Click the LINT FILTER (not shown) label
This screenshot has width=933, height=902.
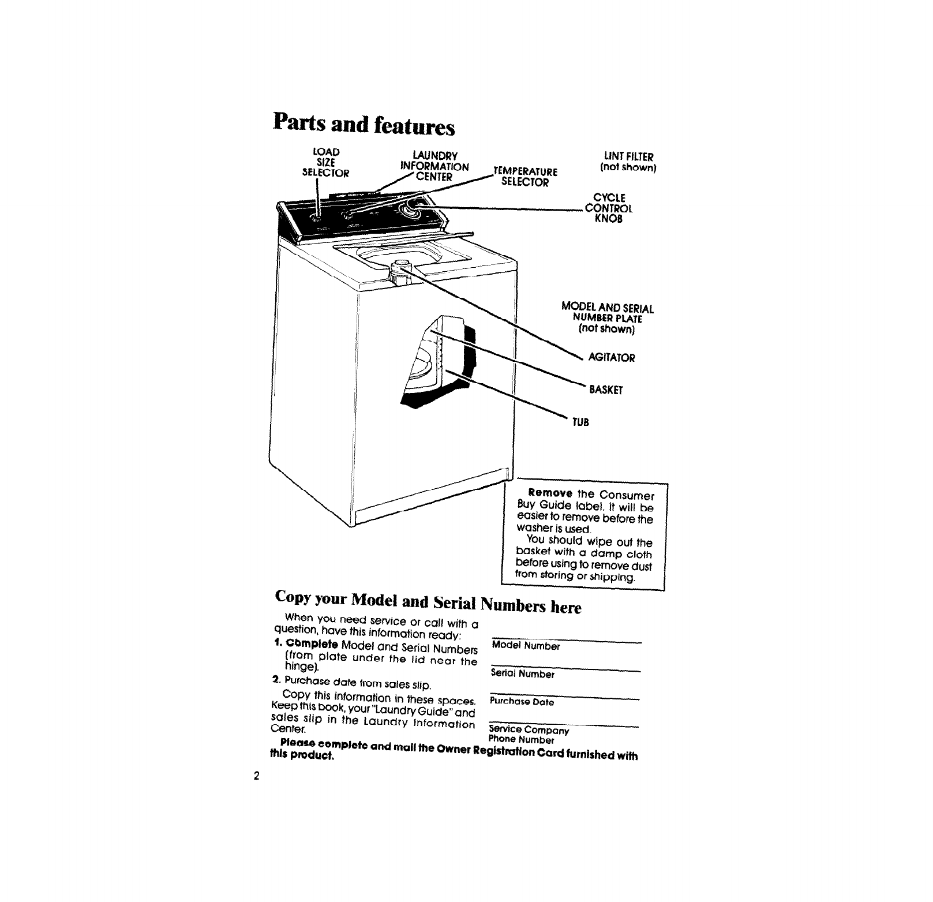pos(627,162)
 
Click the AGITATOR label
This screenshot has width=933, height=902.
pos(611,358)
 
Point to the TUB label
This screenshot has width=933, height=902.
pos(580,422)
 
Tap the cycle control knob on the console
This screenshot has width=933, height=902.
pos(413,209)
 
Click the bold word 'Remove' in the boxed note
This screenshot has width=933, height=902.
pos(546,494)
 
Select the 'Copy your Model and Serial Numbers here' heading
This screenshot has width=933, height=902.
pos(428,602)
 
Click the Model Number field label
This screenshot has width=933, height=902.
pos(526,646)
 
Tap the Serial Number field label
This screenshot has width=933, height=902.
pos(522,673)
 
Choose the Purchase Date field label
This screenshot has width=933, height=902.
pos(522,702)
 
